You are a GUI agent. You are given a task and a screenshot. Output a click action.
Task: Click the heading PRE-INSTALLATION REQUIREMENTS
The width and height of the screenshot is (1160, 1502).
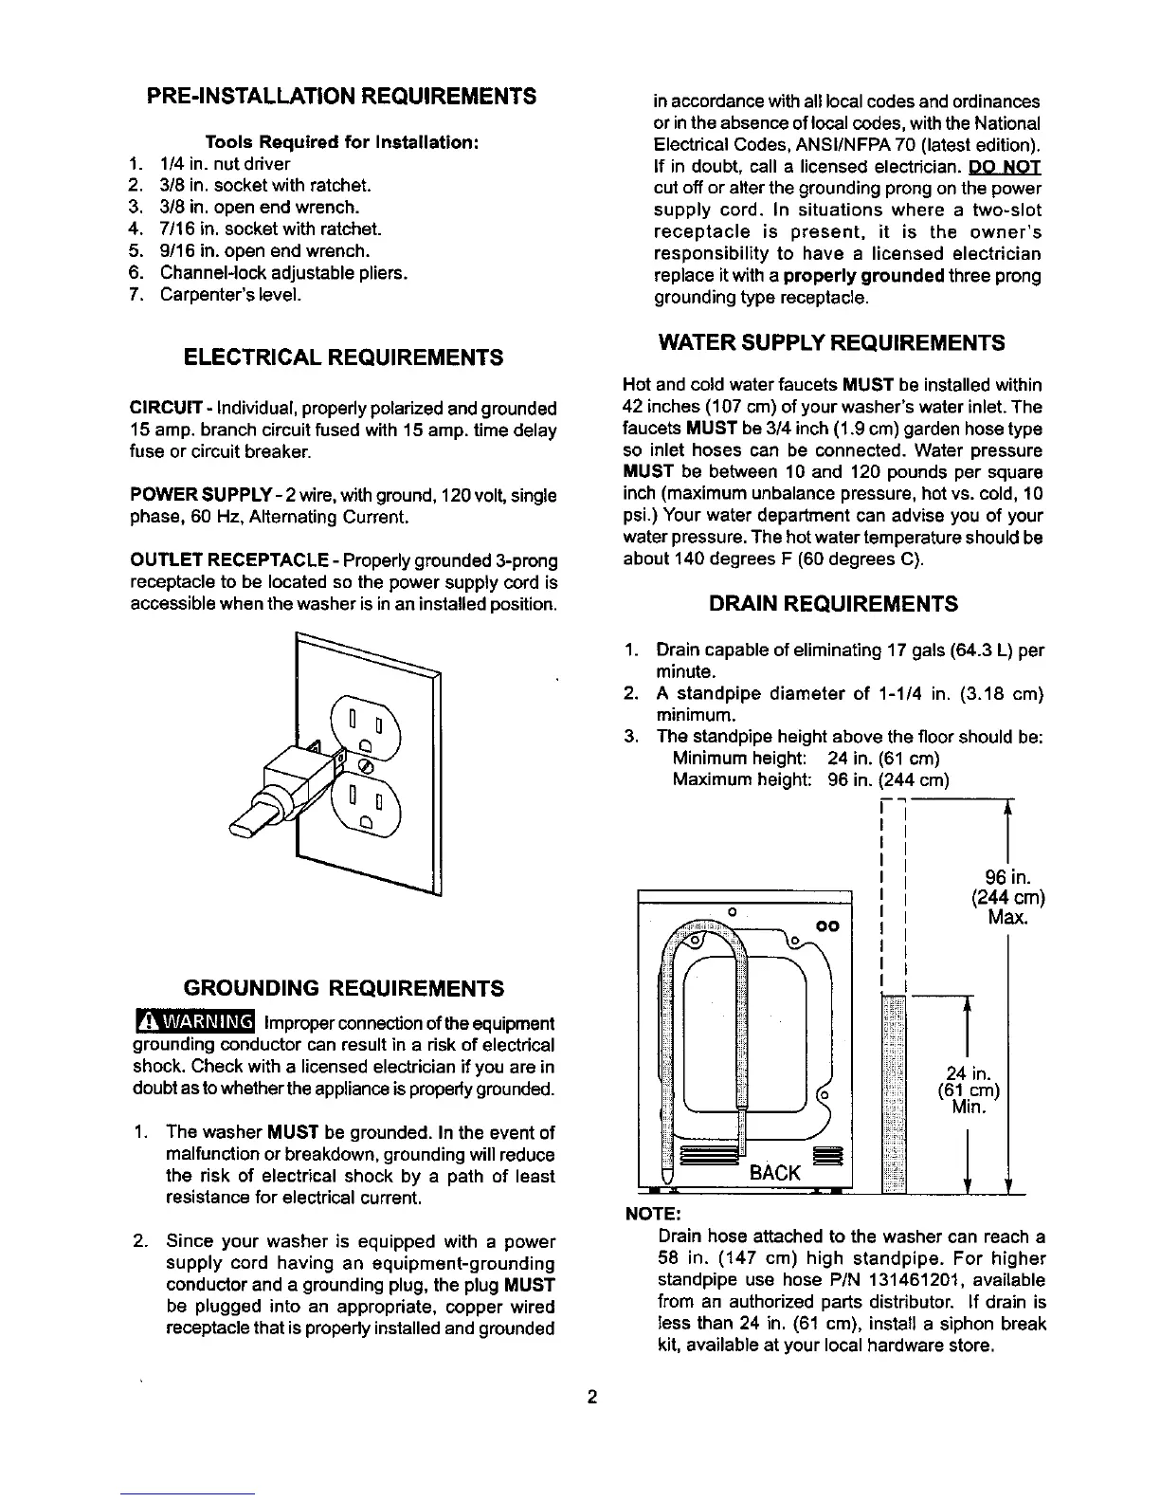(340, 96)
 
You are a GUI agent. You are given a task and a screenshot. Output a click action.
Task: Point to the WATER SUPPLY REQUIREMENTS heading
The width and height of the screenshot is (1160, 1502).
(831, 341)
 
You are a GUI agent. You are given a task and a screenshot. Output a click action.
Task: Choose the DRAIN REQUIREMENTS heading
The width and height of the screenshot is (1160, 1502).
(833, 604)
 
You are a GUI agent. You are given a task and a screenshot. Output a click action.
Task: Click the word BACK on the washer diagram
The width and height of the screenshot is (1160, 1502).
(774, 1173)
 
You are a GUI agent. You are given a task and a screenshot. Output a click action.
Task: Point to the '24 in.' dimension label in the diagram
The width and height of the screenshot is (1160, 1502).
(968, 1073)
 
